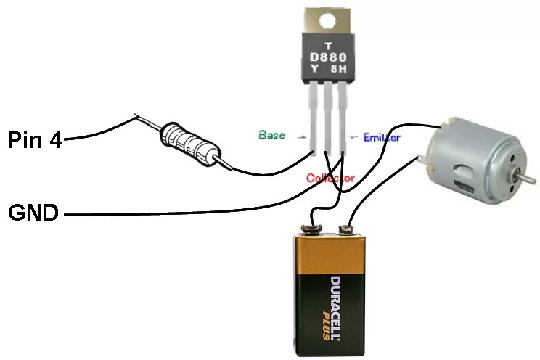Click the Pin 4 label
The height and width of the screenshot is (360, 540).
(x=35, y=139)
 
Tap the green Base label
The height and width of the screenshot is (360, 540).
(x=271, y=135)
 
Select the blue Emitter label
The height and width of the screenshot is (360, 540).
(x=381, y=136)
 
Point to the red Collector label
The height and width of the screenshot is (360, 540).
(x=330, y=177)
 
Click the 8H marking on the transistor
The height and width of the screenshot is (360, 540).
(x=340, y=70)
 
